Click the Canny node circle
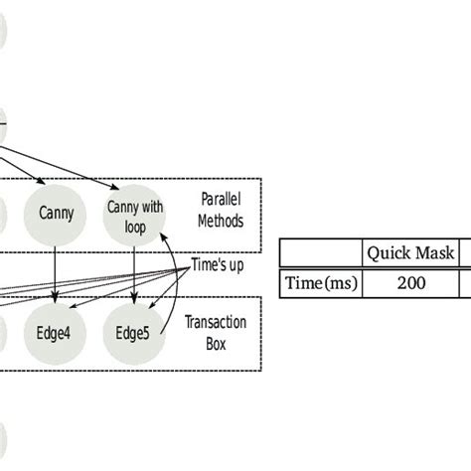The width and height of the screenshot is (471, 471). tap(57, 213)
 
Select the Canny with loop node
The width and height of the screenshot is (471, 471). tap(134, 213)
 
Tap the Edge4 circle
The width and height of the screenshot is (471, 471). tap(57, 331)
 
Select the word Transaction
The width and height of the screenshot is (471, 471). tap(217, 321)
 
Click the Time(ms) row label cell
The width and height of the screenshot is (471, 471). tap(320, 283)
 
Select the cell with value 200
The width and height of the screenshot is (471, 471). tap(411, 283)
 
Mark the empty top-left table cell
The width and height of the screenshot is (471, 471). tap(320, 253)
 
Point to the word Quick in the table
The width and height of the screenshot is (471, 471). tap(391, 253)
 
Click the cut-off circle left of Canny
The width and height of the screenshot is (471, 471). tap(3, 213)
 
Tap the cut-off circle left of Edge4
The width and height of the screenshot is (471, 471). tap(3, 331)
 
